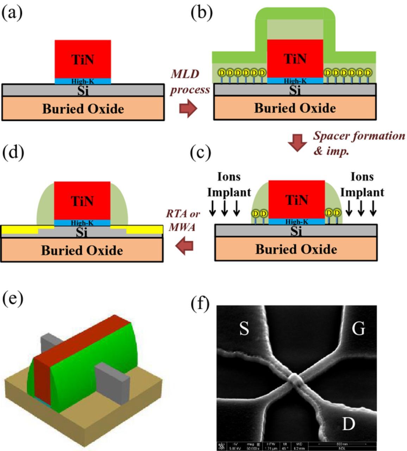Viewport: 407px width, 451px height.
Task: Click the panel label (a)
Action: (12, 13)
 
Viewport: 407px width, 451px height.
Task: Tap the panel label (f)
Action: (200, 303)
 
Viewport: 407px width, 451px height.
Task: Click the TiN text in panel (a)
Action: (83, 59)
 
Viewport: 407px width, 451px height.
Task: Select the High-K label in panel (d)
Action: (82, 223)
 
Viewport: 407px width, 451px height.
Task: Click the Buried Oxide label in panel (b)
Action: (295, 108)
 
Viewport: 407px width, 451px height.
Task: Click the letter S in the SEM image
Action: (244, 329)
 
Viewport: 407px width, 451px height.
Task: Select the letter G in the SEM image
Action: (358, 329)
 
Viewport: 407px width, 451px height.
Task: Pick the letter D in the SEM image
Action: (348, 424)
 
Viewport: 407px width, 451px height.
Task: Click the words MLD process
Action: (190, 82)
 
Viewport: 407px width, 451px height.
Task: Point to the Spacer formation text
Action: (359, 136)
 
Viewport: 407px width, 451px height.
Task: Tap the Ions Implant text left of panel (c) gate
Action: (229, 184)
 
